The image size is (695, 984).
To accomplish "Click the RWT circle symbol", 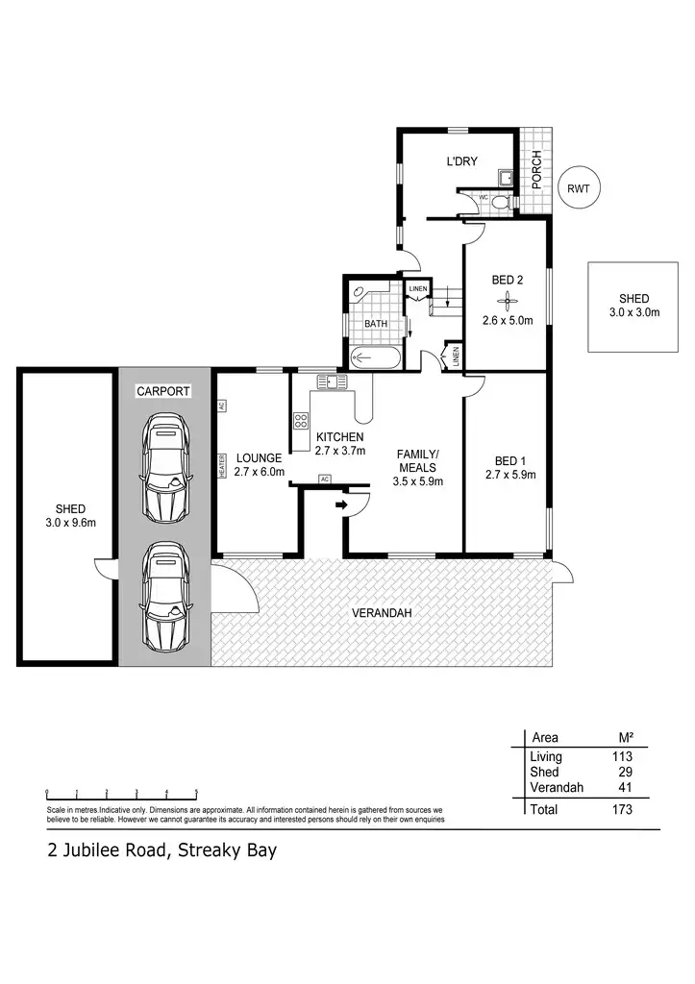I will tap(579, 189).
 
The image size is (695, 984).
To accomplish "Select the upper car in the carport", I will tap(164, 460).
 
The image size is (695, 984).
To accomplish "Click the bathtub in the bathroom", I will tap(374, 359).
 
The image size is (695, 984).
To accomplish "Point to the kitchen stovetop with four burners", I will tap(300, 420).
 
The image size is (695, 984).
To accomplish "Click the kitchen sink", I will tap(334, 381).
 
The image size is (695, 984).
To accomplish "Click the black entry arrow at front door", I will tap(340, 503).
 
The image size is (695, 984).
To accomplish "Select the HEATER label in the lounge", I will tap(220, 466).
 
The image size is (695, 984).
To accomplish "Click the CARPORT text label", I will tap(163, 391).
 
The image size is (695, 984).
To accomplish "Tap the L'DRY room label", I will tap(461, 161).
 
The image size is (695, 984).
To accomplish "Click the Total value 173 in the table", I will tap(622, 809).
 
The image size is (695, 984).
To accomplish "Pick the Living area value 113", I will tap(622, 757).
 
